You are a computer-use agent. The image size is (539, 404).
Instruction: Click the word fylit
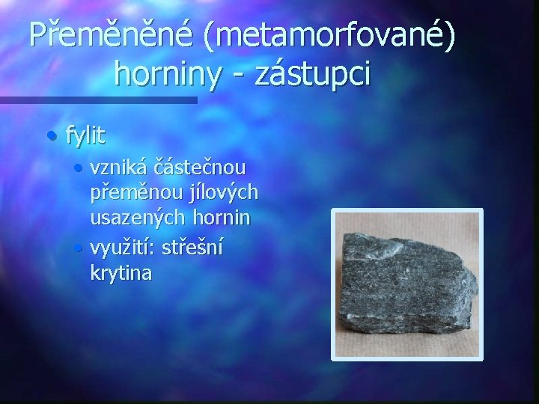(x=85, y=136)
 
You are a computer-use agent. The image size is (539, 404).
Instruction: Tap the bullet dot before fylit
(x=50, y=136)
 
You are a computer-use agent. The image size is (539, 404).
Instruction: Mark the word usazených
(x=138, y=219)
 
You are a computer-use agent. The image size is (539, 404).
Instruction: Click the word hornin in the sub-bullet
(x=224, y=219)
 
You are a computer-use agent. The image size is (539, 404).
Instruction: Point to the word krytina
(x=121, y=273)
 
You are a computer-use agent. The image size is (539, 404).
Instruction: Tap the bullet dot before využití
(x=79, y=247)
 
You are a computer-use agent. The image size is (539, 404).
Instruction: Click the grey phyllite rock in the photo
(x=409, y=284)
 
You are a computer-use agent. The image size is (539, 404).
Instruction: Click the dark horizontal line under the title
(x=97, y=100)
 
